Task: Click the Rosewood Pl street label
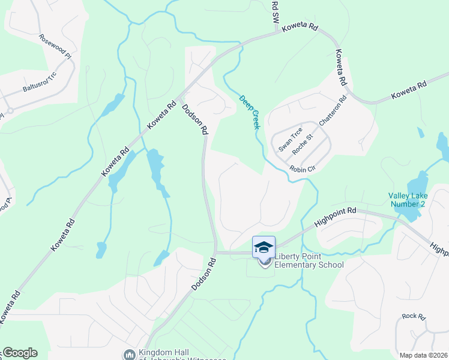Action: pyautogui.click(x=55, y=46)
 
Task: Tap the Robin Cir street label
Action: pyautogui.click(x=303, y=169)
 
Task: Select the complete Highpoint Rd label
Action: pyautogui.click(x=335, y=219)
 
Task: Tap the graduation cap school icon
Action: pyautogui.click(x=264, y=247)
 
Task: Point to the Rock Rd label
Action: pyautogui.click(x=414, y=316)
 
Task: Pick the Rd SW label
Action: pyautogui.click(x=275, y=11)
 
